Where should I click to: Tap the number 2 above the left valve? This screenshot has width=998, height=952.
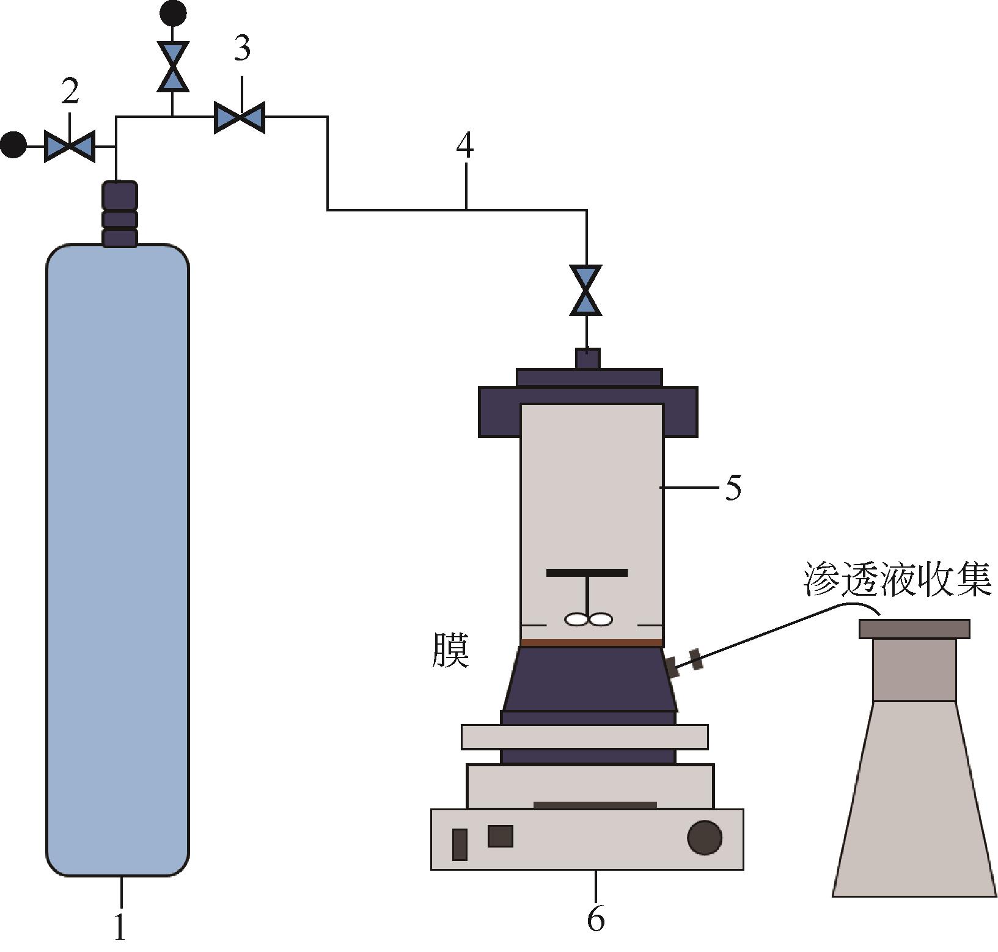(x=70, y=92)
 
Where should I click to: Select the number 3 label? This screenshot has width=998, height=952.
(x=242, y=48)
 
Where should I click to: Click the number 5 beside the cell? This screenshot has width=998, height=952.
(x=733, y=488)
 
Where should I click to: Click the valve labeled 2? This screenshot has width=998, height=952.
(x=70, y=147)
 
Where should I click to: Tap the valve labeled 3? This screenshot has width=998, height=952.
(x=240, y=117)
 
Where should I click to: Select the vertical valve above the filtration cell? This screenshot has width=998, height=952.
(x=585, y=290)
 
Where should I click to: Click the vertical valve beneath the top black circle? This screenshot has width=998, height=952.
(x=173, y=66)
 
